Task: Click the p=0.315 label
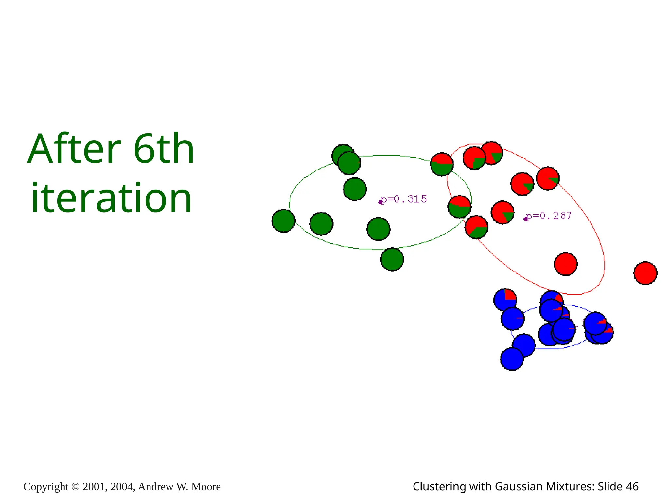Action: pyautogui.click(x=404, y=199)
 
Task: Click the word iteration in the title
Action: pyautogui.click(x=111, y=198)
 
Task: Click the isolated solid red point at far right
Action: pyautogui.click(x=645, y=273)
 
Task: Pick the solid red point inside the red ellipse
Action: pyautogui.click(x=566, y=264)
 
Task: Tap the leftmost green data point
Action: pyautogui.click(x=283, y=221)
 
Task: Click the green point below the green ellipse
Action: pyautogui.click(x=392, y=259)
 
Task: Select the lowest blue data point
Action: pyautogui.click(x=512, y=359)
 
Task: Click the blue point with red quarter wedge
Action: pyautogui.click(x=505, y=299)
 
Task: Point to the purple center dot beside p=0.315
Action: pyautogui.click(x=380, y=202)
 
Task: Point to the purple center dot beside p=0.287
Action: pyautogui.click(x=526, y=219)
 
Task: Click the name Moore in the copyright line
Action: pyautogui.click(x=206, y=487)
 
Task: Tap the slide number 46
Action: pyautogui.click(x=632, y=487)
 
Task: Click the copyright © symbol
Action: pyautogui.click(x=75, y=487)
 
